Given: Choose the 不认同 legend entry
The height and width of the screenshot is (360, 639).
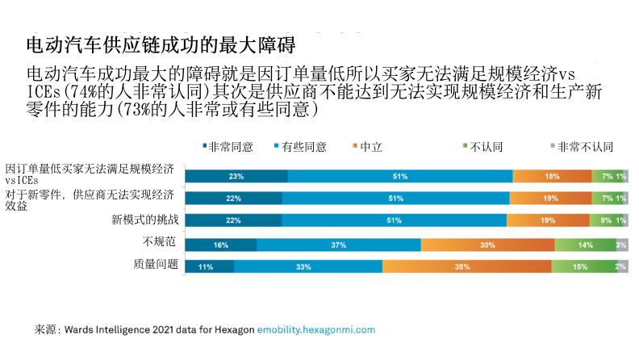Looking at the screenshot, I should (482, 147).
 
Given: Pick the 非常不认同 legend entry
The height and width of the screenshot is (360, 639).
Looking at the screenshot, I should (581, 147).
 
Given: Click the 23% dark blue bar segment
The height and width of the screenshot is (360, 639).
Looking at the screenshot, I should (236, 176).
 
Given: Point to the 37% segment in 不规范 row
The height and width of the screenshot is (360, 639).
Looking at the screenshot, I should (339, 245).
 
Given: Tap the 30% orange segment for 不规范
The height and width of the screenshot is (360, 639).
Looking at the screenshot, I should (487, 245).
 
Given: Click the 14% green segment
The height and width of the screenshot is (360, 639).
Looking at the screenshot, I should (585, 245).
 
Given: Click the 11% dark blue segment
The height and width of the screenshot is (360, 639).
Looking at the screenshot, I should (210, 266).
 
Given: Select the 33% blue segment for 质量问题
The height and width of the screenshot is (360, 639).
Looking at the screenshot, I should (307, 266).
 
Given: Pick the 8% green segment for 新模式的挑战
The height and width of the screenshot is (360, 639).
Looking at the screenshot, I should (605, 220).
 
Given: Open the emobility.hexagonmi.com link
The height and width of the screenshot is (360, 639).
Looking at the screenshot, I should (316, 329).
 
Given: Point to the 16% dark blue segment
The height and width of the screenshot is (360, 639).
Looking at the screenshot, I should (221, 245).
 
